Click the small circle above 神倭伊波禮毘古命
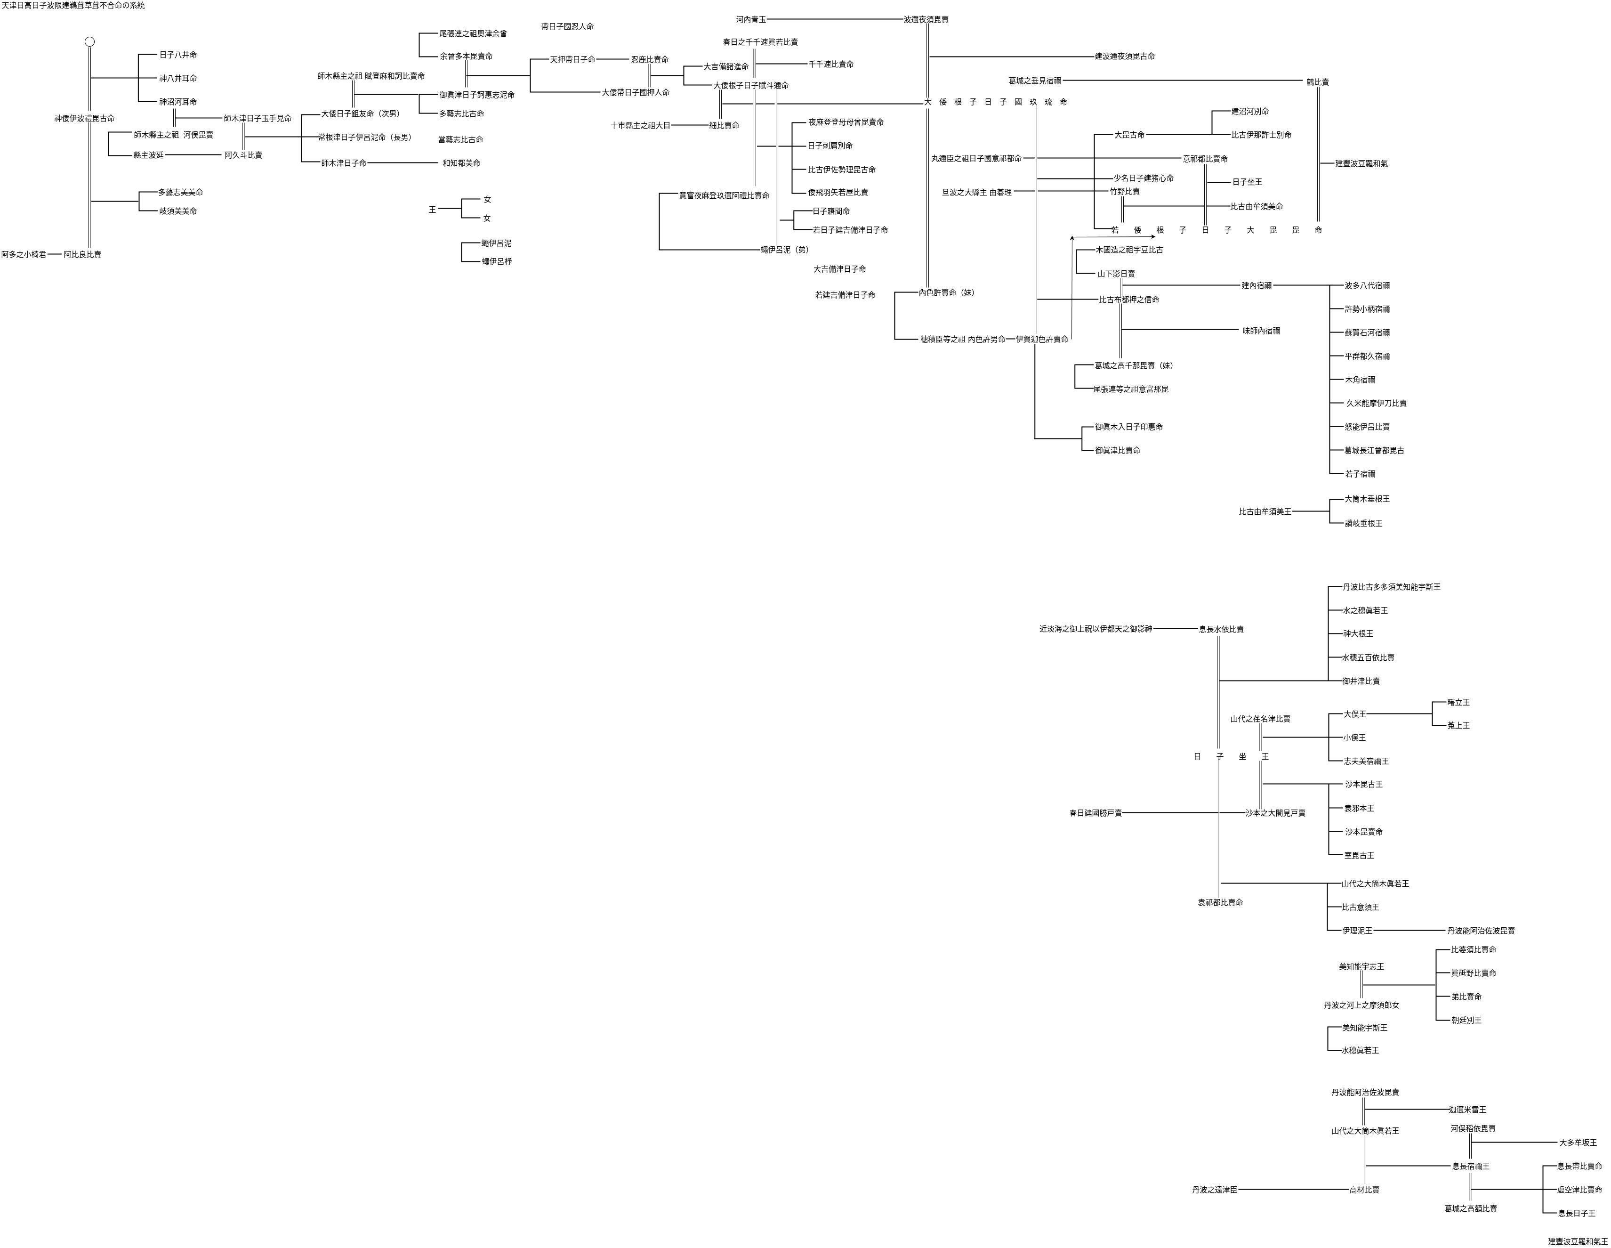(89, 42)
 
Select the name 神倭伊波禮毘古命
(85, 118)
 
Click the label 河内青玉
(751, 20)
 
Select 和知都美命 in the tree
(461, 163)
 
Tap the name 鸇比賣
(1317, 82)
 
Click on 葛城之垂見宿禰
(1035, 81)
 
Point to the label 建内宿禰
(1256, 285)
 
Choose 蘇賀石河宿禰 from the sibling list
(1367, 333)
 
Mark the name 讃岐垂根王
(1363, 523)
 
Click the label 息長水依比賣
(1221, 630)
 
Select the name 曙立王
(1458, 703)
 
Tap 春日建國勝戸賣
(1095, 813)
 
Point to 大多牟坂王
(1578, 1143)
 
